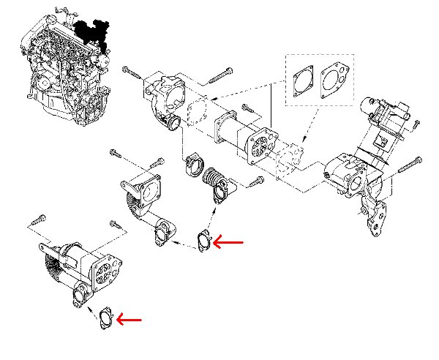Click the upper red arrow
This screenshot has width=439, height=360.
[x=233, y=241]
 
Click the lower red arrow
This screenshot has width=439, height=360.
[x=130, y=319]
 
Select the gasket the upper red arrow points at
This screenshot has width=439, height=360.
[x=205, y=239]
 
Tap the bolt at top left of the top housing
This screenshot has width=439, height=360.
[x=132, y=72]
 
